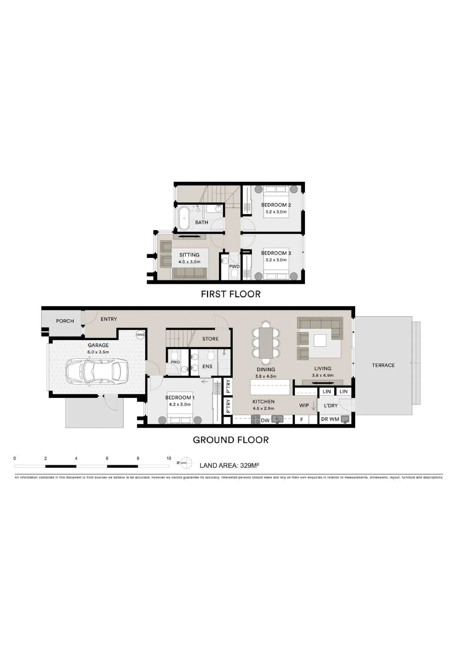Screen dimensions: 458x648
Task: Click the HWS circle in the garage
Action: [140, 335]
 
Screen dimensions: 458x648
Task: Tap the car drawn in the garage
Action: [97, 371]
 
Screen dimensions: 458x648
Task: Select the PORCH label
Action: [65, 321]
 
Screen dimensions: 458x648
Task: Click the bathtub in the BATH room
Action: [184, 218]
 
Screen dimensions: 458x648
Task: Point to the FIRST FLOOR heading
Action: [231, 294]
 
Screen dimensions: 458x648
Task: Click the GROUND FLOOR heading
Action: [231, 440]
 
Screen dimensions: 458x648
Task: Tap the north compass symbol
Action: [186, 463]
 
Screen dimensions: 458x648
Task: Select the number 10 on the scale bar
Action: [169, 458]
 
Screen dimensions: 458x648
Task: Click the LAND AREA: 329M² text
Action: [229, 465]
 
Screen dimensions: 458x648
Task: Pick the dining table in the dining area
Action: [266, 343]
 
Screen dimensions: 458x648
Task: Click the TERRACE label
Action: [383, 365]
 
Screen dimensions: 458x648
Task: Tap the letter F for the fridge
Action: [301, 420]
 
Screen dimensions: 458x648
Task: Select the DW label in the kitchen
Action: [265, 420]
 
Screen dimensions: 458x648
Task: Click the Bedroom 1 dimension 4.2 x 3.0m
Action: [180, 404]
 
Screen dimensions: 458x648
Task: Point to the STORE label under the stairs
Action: [210, 339]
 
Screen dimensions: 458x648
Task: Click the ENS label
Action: [207, 366]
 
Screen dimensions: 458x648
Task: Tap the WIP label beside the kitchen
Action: [304, 405]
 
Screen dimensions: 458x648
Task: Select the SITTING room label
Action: [189, 255]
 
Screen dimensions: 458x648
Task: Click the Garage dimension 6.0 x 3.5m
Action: [98, 352]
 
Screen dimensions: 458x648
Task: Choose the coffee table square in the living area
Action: [320, 340]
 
